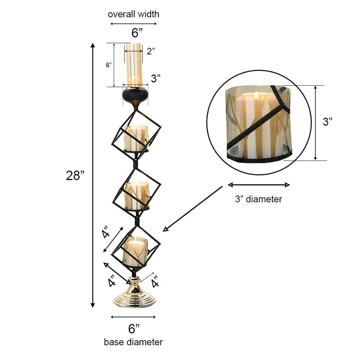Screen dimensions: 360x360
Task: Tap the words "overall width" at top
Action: pos(133,14)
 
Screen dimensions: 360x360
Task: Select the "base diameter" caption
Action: pos(133,342)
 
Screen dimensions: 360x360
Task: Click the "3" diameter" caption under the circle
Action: pos(258,199)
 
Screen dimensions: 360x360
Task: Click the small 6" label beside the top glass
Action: pos(108,65)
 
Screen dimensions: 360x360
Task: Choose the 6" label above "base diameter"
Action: pos(134,328)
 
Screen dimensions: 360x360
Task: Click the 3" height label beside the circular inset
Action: pos(328,122)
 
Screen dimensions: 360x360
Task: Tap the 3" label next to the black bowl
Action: pos(156,78)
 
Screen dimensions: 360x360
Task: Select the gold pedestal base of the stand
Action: pos(135,293)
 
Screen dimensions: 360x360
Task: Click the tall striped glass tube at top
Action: pos(134,65)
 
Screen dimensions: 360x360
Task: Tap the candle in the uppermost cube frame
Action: pos(136,139)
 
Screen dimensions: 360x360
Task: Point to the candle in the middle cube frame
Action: pos(136,195)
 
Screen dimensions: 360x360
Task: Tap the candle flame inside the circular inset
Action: pos(257,95)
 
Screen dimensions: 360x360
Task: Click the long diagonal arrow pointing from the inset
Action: pos(193,209)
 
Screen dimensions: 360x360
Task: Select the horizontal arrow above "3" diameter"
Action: pos(258,185)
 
